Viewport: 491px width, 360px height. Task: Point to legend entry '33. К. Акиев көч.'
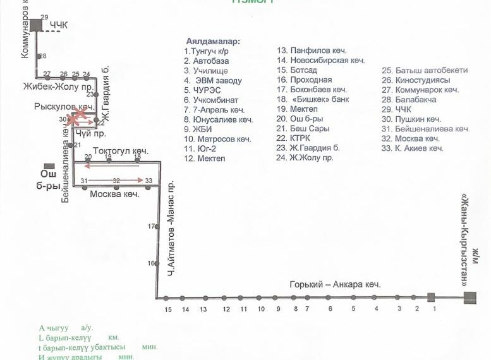pyautogui.click(x=413, y=148)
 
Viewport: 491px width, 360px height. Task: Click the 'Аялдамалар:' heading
pyautogui.click(x=213, y=41)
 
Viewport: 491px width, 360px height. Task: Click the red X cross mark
pyautogui.click(x=78, y=116)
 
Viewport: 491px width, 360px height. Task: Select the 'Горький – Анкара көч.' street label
pyautogui.click(x=335, y=285)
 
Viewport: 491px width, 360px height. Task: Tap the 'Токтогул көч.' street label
pyautogui.click(x=121, y=151)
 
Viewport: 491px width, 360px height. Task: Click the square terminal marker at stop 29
pyautogui.click(x=36, y=25)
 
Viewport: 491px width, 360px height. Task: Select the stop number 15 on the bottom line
pyautogui.click(x=168, y=309)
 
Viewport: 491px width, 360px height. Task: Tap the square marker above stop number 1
pyautogui.click(x=432, y=297)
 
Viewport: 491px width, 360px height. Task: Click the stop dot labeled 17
pyautogui.click(x=156, y=226)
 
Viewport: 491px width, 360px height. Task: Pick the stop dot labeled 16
pyautogui.click(x=156, y=263)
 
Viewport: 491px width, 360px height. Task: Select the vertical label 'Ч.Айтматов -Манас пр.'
pyautogui.click(x=171, y=227)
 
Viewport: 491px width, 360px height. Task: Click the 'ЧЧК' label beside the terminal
pyautogui.click(x=59, y=25)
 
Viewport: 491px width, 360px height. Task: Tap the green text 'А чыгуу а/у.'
pyautogui.click(x=66, y=328)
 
